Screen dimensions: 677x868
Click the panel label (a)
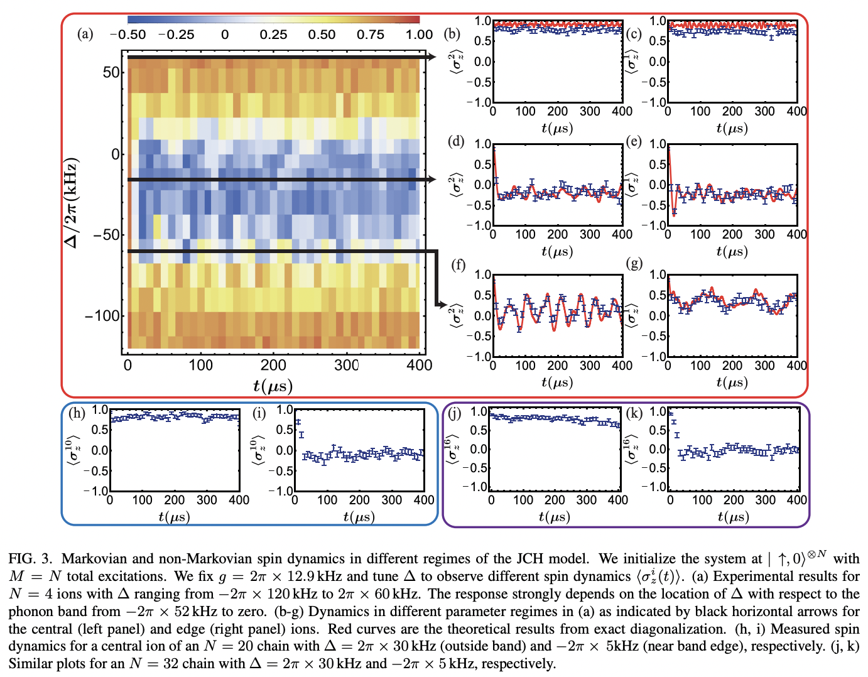[x=85, y=34]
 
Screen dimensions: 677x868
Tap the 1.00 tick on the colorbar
[x=419, y=35]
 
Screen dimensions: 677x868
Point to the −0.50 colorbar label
[x=127, y=35]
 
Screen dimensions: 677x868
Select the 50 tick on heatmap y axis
[x=111, y=72]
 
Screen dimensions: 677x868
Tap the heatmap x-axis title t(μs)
[x=273, y=385]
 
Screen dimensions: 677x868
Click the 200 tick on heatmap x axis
[x=273, y=365]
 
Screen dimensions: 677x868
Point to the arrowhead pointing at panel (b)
[x=431, y=57]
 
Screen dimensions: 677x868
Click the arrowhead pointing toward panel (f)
[x=442, y=305]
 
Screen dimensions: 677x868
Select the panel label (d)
[x=456, y=141]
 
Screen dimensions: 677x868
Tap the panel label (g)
[x=634, y=263]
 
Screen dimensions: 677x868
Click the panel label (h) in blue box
[x=77, y=413]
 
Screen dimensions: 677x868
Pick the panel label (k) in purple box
[x=634, y=413]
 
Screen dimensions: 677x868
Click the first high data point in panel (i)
[x=298, y=422]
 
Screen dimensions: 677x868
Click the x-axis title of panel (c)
[x=732, y=128]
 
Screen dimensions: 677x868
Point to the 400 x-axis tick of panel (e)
[x=796, y=234]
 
